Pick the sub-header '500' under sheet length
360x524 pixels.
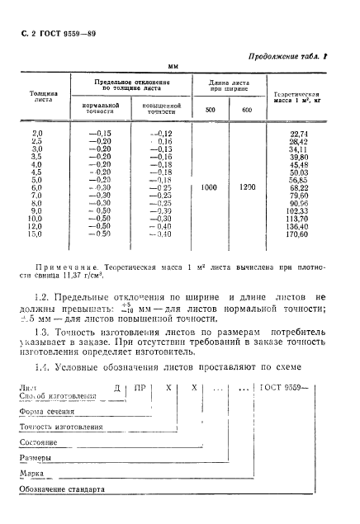(210, 109)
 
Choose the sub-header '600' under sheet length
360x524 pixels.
(245, 109)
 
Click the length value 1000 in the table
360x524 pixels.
(210, 187)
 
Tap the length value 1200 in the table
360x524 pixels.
(245, 187)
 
